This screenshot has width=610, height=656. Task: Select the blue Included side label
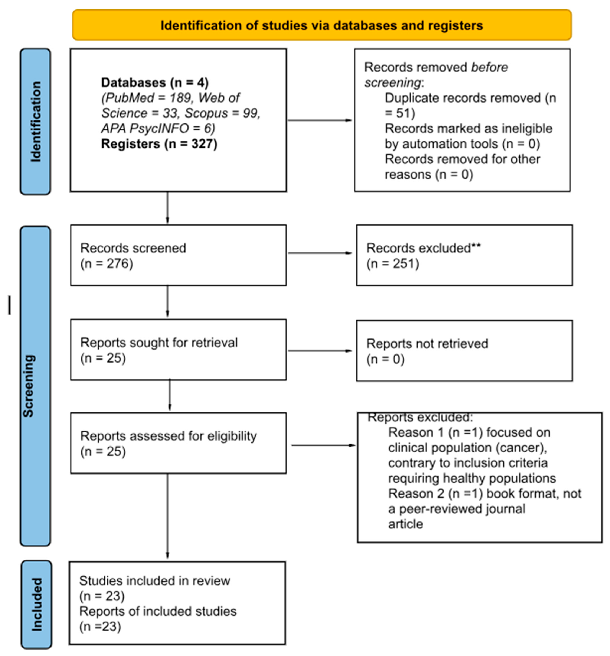click(37, 604)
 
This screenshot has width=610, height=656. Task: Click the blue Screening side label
click(29, 386)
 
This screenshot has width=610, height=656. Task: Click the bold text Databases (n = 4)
click(154, 82)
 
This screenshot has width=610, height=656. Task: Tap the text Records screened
click(133, 248)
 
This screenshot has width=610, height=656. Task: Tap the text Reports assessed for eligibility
click(168, 436)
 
